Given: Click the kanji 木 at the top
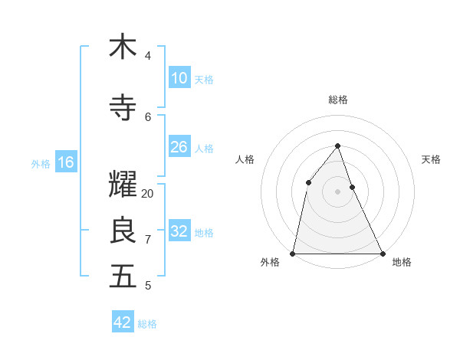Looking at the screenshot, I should (123, 47).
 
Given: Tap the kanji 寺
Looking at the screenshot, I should (123, 108).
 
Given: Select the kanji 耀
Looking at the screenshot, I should (123, 185).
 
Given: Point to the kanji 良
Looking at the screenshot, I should (123, 231).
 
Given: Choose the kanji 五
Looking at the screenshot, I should (123, 277).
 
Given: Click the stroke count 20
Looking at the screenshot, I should (148, 193).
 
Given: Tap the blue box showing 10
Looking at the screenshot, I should (179, 78).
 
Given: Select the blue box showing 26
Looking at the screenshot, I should (179, 147).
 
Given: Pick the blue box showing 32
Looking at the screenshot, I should (179, 231).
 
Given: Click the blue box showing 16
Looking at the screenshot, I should (65, 162).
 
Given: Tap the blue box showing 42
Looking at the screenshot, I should (123, 322).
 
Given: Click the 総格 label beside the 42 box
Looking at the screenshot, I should (147, 324).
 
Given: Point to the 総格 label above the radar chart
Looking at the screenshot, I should (337, 100).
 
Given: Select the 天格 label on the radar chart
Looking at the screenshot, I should (431, 159).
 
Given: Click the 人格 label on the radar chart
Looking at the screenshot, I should (245, 159).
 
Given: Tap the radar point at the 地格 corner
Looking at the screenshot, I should (382, 253).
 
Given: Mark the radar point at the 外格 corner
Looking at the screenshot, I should (293, 253).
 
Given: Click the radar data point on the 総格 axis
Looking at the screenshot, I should (337, 146).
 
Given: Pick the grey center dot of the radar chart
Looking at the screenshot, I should (337, 191).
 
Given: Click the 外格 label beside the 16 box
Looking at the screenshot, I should (40, 163).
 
